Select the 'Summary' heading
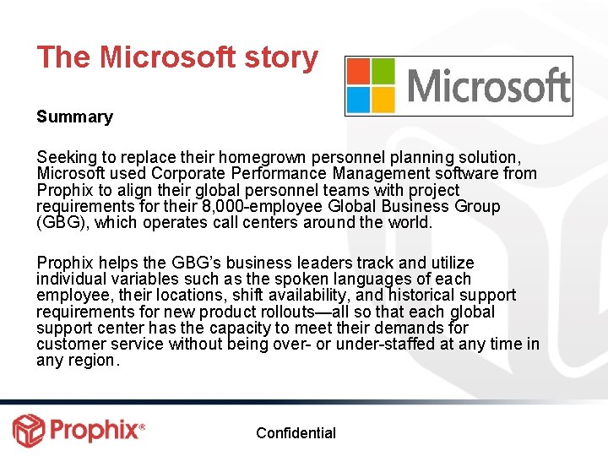[x=74, y=117]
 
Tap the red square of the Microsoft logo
[x=358, y=71]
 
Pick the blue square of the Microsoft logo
[x=358, y=98]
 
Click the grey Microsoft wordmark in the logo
[x=488, y=86]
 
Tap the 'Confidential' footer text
[x=296, y=433]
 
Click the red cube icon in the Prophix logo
[x=28, y=431]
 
